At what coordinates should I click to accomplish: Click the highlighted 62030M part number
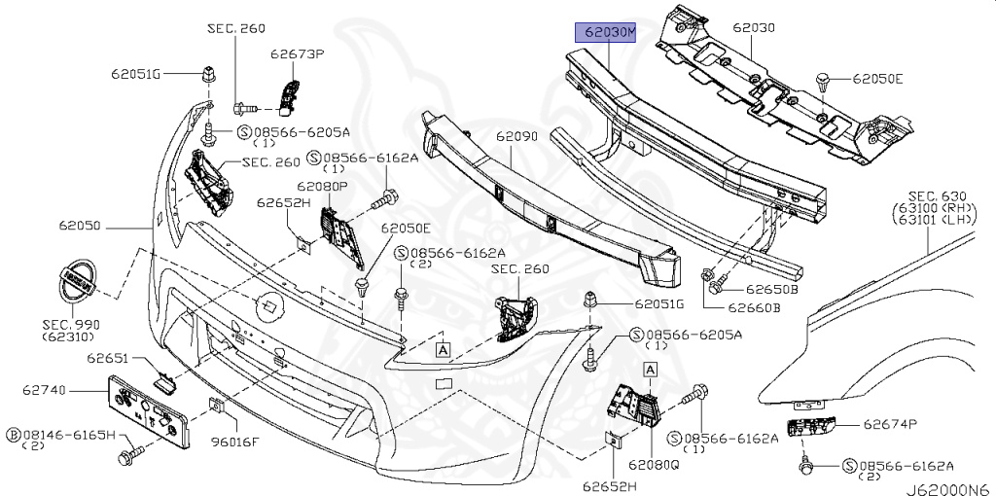(x=605, y=32)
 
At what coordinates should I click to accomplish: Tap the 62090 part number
(x=516, y=138)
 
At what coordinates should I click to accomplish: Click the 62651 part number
(x=108, y=358)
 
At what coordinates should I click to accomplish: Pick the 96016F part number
(x=236, y=442)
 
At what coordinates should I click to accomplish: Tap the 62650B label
(x=772, y=289)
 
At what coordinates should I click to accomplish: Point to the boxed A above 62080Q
(x=650, y=369)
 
